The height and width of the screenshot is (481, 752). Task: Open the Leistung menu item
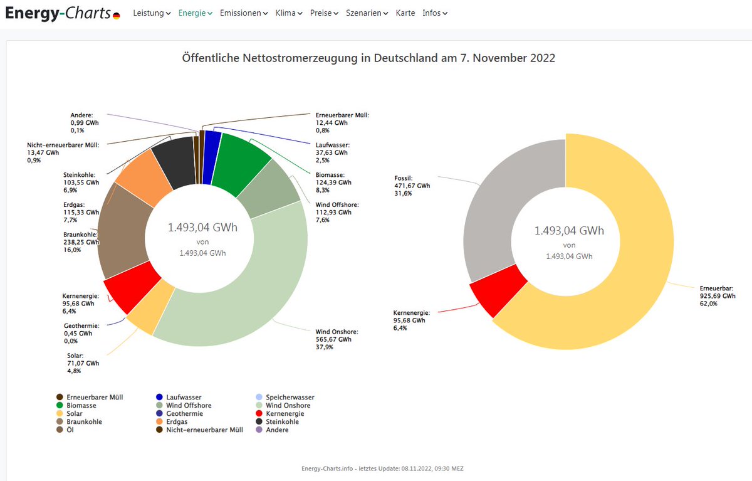coord(151,13)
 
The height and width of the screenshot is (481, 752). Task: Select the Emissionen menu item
coord(243,13)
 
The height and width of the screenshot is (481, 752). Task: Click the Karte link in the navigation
coord(405,13)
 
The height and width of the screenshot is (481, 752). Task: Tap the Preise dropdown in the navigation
coord(324,13)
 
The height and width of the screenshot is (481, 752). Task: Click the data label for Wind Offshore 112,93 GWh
coord(332,212)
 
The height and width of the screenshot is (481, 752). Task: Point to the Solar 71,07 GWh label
coord(81,363)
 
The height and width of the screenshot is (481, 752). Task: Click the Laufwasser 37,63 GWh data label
coord(332,152)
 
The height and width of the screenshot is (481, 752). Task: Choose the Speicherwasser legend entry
coord(290,398)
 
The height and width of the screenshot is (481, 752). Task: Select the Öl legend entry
coord(70,430)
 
